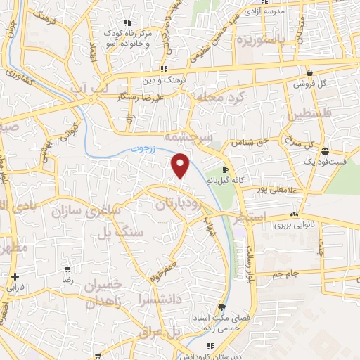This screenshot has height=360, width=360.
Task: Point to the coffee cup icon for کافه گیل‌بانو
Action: click(225, 170)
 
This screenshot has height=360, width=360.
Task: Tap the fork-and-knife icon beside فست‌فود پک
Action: click(324, 150)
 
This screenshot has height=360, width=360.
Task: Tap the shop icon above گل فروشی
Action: click(309, 72)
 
